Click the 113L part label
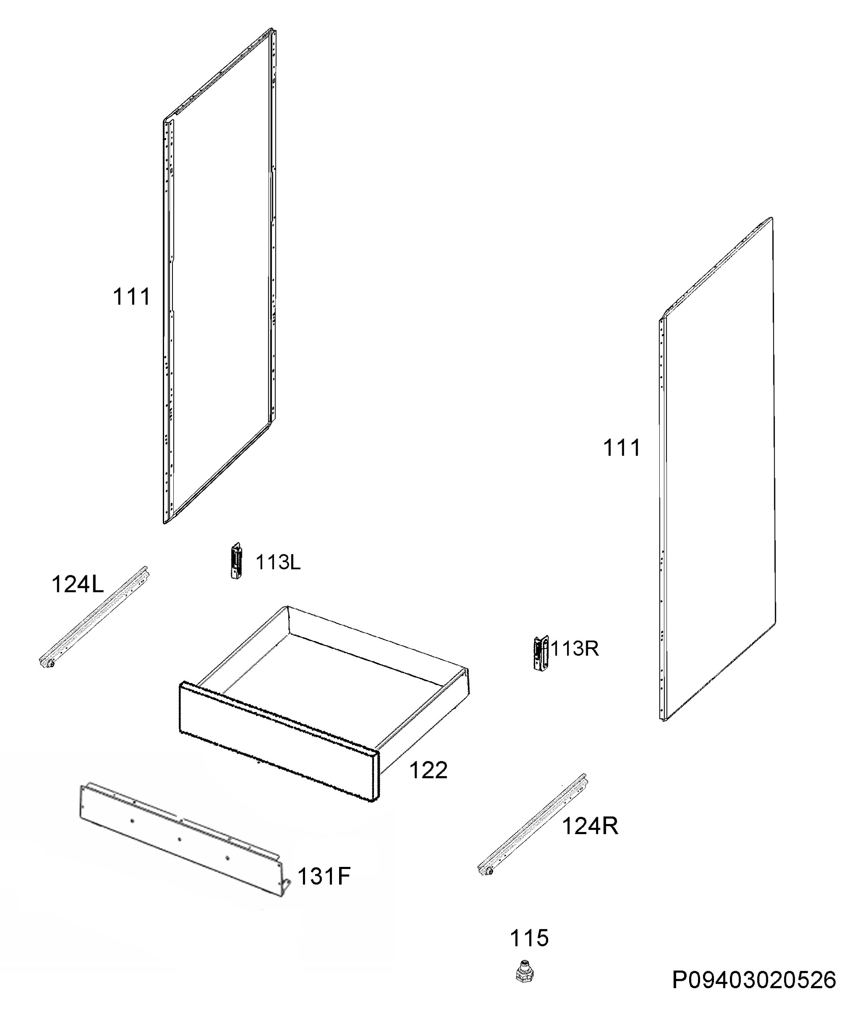[x=278, y=562]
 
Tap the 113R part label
[x=575, y=649]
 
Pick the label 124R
[x=590, y=826]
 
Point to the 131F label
[x=324, y=876]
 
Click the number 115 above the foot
[x=529, y=938]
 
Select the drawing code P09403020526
[x=754, y=981]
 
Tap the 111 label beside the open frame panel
[x=132, y=297]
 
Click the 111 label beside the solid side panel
[x=622, y=448]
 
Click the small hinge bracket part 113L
[x=236, y=562]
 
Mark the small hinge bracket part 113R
[x=541, y=653]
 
